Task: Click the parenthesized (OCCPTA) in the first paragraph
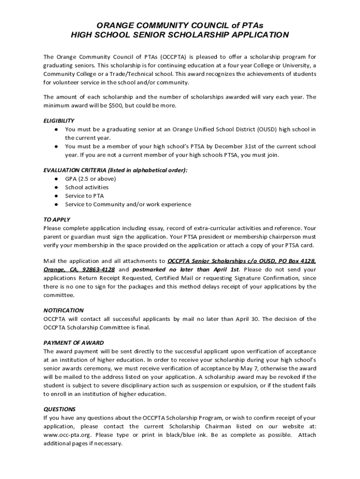click(x=174, y=57)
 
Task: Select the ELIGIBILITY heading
click(x=59, y=120)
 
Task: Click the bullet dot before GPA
click(x=56, y=179)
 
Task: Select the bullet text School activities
click(x=86, y=187)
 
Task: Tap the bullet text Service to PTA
click(x=85, y=196)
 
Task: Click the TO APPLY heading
click(x=57, y=219)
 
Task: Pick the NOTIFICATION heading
click(x=64, y=310)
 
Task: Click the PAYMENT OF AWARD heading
click(x=73, y=342)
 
